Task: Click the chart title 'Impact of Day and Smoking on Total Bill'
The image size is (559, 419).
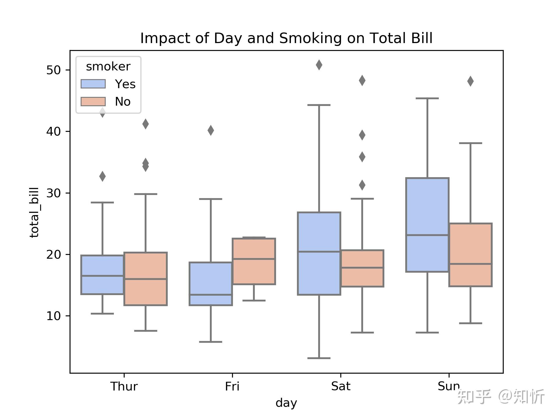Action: [286, 38]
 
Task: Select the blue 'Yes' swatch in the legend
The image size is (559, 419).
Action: [93, 84]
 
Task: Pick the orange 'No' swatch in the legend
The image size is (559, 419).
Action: [93, 102]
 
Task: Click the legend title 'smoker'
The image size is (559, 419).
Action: [108, 67]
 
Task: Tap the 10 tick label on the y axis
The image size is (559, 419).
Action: [53, 316]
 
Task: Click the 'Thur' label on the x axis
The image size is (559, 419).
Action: [124, 386]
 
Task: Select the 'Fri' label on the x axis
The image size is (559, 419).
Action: [232, 386]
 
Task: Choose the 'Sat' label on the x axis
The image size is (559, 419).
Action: [341, 386]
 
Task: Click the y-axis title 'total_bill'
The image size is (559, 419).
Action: [34, 212]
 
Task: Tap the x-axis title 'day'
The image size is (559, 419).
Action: [286, 403]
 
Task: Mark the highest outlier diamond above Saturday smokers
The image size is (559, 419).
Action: [319, 65]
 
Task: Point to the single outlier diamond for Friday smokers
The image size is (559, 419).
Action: [210, 130]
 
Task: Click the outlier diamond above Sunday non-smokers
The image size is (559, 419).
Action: [470, 81]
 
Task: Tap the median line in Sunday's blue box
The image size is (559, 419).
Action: [427, 235]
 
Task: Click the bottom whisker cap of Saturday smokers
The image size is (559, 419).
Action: [319, 358]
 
